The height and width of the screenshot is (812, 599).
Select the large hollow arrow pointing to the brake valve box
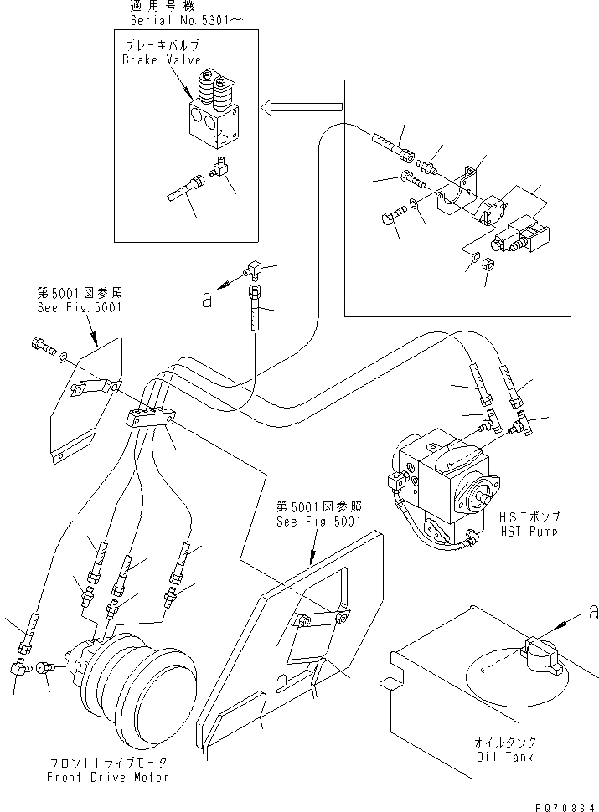(x=302, y=106)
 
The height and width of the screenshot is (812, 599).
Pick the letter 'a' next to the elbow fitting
(x=207, y=301)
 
